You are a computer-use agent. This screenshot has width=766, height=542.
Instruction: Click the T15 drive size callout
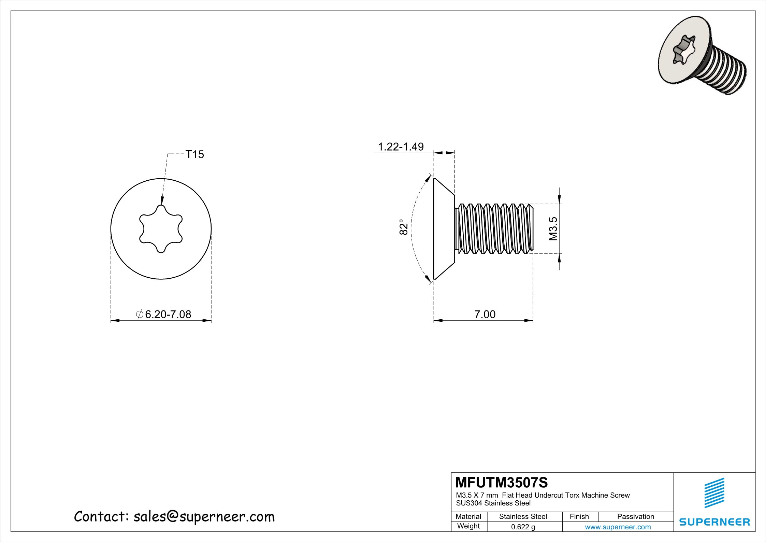pyautogui.click(x=194, y=154)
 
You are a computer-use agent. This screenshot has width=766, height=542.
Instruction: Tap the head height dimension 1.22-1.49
pyautogui.click(x=401, y=147)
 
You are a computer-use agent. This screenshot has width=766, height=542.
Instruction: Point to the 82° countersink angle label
pyautogui.click(x=403, y=227)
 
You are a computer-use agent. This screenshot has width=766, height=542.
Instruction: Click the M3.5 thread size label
pyautogui.click(x=553, y=228)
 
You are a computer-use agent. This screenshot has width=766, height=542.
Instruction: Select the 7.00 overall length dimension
pyautogui.click(x=485, y=314)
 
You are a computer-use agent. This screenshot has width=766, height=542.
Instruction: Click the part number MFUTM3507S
pyautogui.click(x=502, y=483)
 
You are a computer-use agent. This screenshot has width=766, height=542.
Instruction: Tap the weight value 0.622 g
pyautogui.click(x=523, y=527)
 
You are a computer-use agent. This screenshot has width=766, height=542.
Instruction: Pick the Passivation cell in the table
pyautogui.click(x=635, y=516)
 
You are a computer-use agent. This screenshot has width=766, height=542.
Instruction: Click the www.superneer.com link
pyautogui.click(x=618, y=527)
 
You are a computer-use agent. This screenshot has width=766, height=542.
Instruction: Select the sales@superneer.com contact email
pyautogui.click(x=204, y=517)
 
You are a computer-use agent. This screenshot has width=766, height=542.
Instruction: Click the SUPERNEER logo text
pyautogui.click(x=714, y=522)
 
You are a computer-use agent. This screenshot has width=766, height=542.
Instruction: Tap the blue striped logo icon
pyautogui.click(x=714, y=493)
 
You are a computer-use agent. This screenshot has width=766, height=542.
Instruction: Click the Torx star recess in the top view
pyautogui.click(x=161, y=229)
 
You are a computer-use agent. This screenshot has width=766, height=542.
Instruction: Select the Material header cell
pyautogui.click(x=468, y=516)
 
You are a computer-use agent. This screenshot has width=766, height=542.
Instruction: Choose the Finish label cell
pyautogui.click(x=579, y=516)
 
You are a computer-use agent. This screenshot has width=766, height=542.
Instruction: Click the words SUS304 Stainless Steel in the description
pyautogui.click(x=493, y=503)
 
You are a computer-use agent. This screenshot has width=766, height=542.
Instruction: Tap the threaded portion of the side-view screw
pyautogui.click(x=495, y=228)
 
